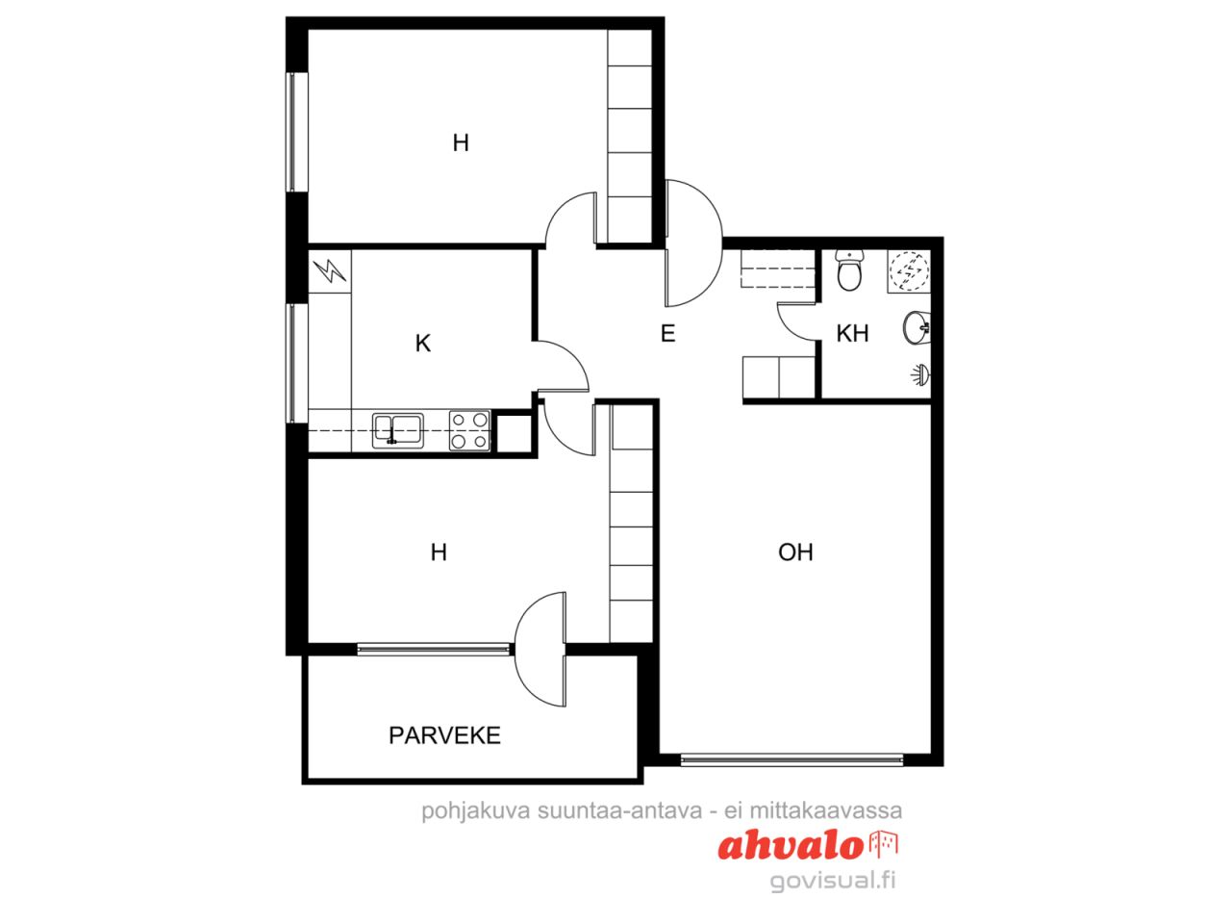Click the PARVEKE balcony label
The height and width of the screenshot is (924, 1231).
coord(444,735)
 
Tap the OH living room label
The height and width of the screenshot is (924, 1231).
coord(795,552)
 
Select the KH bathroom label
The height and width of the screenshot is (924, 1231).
coord(852,333)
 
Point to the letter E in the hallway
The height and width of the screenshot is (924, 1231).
coord(667,334)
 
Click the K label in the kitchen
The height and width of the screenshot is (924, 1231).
coord(423,344)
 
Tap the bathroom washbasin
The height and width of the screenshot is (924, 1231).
coord(917,327)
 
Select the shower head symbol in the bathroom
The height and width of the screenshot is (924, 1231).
coord(920,374)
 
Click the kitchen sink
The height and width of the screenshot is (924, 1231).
coord(398,431)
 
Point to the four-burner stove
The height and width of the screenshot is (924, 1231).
coord(469,431)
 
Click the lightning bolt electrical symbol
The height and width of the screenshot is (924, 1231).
coord(330,271)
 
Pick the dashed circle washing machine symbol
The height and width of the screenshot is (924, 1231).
coord(909,271)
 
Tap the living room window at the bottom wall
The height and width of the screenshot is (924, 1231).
coord(791,760)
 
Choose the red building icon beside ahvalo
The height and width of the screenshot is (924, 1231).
coord(883,845)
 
